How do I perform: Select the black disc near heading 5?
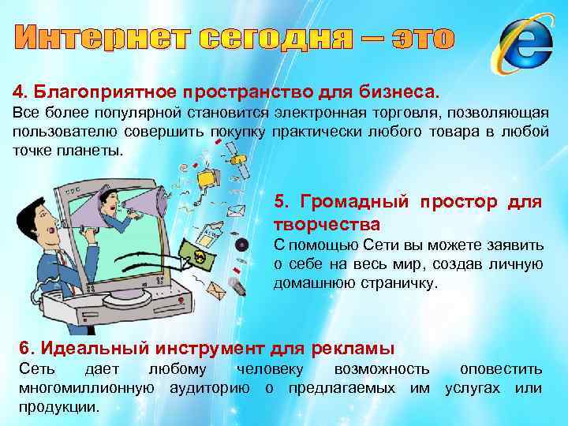(x=242, y=244)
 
